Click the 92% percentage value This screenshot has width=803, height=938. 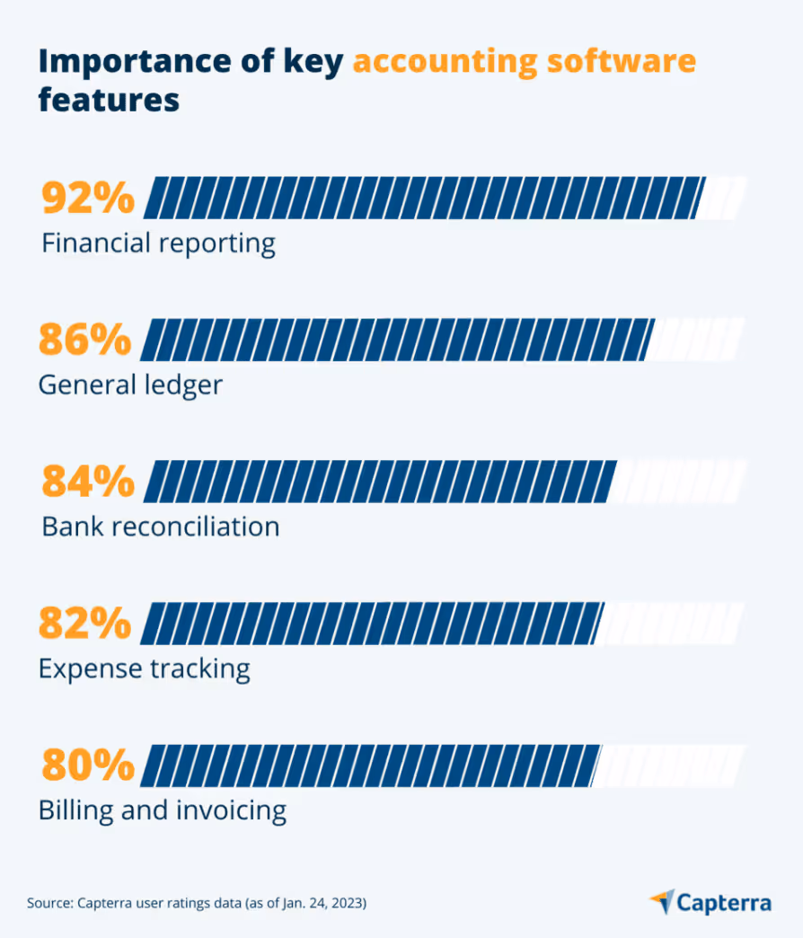point(88,199)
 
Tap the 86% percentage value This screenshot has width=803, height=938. point(84,341)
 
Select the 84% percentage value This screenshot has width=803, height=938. point(88,482)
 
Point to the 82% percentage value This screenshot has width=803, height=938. point(84,624)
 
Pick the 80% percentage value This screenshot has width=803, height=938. point(88,765)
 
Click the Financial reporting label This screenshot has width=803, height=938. point(158,243)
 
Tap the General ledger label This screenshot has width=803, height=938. point(130,385)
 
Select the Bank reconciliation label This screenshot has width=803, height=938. point(161,526)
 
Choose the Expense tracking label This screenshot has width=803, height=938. point(144,668)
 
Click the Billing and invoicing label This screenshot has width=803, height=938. point(163,810)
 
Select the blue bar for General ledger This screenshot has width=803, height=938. point(395,341)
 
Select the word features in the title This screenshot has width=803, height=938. point(109,100)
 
